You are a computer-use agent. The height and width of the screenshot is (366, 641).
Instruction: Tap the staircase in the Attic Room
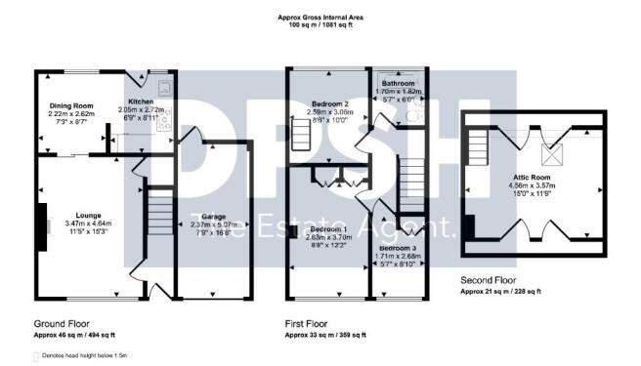tap(478, 148)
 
